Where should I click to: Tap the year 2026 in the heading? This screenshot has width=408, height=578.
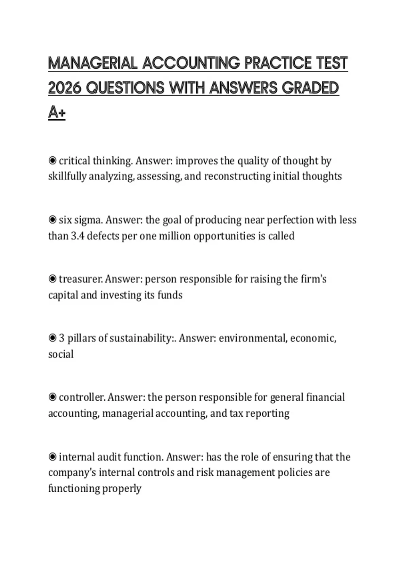tap(64, 88)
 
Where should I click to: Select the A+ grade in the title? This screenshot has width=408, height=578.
tap(56, 112)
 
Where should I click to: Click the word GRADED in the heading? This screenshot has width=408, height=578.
tap(310, 88)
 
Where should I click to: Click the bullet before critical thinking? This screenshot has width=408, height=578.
tap(52, 160)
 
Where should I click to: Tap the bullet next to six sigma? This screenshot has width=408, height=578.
tap(52, 220)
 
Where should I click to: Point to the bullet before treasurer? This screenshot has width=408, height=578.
tap(52, 279)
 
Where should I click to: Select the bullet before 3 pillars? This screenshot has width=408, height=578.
tap(52, 338)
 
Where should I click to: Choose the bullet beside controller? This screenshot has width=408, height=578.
tap(52, 397)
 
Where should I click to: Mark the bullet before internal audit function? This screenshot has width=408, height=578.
tap(52, 457)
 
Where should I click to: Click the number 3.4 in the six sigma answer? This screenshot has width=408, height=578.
tap(77, 236)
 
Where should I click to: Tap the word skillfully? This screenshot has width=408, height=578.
tap(67, 176)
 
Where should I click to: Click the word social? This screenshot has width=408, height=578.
tap(61, 354)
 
